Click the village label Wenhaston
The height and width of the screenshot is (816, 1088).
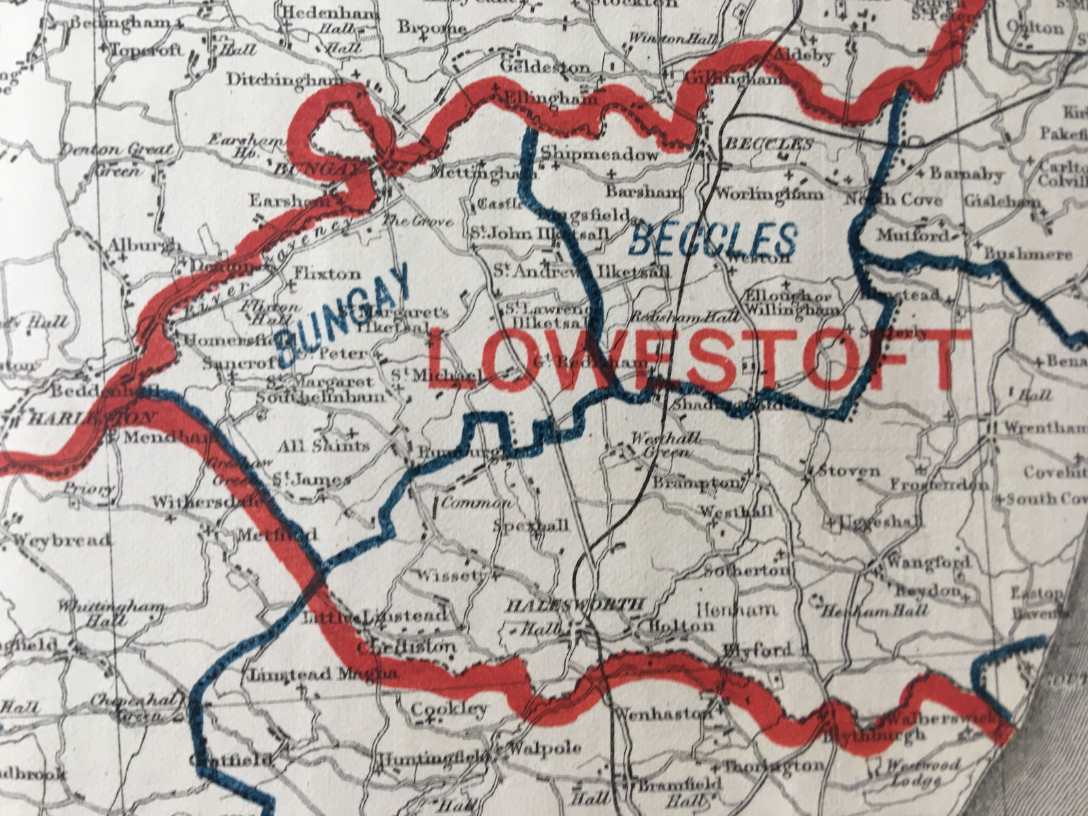click(662, 715)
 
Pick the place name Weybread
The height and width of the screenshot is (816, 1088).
click(61, 541)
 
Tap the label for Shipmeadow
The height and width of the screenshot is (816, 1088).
click(601, 155)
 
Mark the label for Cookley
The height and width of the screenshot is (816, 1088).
click(449, 709)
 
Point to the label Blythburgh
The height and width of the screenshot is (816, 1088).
click(874, 735)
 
